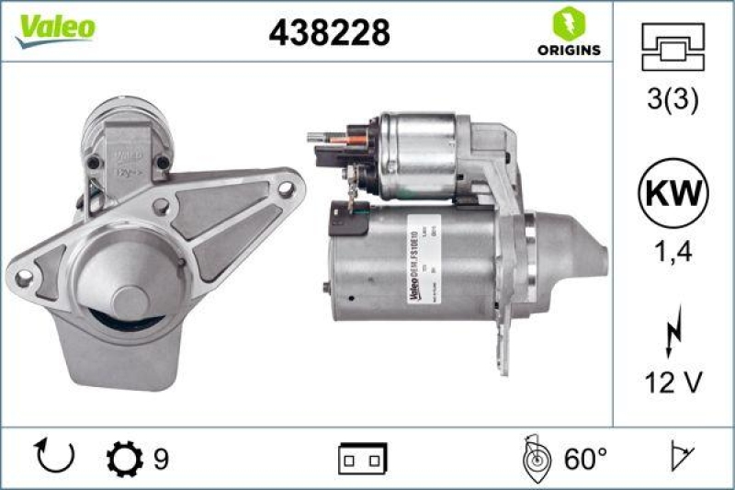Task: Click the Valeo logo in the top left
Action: (54, 28)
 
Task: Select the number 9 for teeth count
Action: (161, 457)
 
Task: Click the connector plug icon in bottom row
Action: (362, 457)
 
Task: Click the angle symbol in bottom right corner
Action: (680, 457)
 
